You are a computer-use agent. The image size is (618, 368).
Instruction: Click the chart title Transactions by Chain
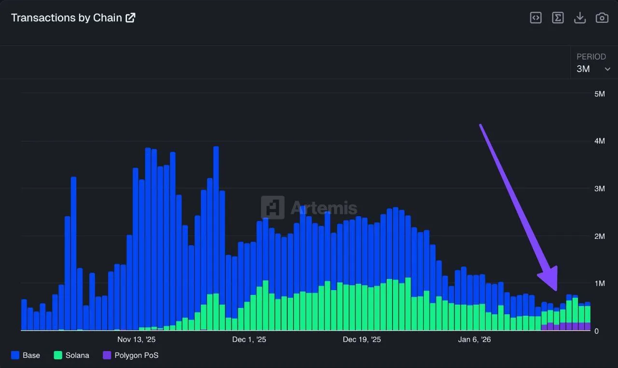pyautogui.click(x=67, y=18)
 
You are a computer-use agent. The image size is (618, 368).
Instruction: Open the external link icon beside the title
pyautogui.click(x=130, y=18)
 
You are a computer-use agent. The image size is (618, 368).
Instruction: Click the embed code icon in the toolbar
pyautogui.click(x=535, y=18)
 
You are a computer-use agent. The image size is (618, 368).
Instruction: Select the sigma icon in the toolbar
pyautogui.click(x=558, y=18)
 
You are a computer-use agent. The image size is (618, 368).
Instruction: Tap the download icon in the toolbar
pyautogui.click(x=579, y=18)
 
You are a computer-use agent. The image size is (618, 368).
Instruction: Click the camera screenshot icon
pyautogui.click(x=602, y=18)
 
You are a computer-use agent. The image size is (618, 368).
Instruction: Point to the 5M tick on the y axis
pyautogui.click(x=599, y=94)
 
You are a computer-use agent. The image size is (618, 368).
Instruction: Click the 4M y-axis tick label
pyautogui.click(x=599, y=141)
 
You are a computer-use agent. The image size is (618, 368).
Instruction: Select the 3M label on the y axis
pyautogui.click(x=599, y=189)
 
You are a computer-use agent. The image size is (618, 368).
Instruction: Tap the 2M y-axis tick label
pyautogui.click(x=599, y=236)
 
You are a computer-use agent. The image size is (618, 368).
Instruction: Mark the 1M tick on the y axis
pyautogui.click(x=599, y=283)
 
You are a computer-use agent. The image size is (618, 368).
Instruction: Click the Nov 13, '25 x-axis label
pyautogui.click(x=136, y=339)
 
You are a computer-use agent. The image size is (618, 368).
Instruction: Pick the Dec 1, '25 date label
pyautogui.click(x=249, y=339)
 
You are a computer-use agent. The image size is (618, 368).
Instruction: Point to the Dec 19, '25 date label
pyautogui.click(x=362, y=339)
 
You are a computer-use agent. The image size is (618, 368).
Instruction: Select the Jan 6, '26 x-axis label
pyautogui.click(x=474, y=339)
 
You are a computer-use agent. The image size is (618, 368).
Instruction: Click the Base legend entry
pyautogui.click(x=26, y=355)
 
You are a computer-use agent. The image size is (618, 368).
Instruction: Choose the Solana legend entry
pyautogui.click(x=71, y=355)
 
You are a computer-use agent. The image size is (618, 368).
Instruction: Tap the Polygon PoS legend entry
pyautogui.click(x=131, y=355)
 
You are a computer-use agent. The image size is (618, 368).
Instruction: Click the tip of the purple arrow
pyautogui.click(x=555, y=289)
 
